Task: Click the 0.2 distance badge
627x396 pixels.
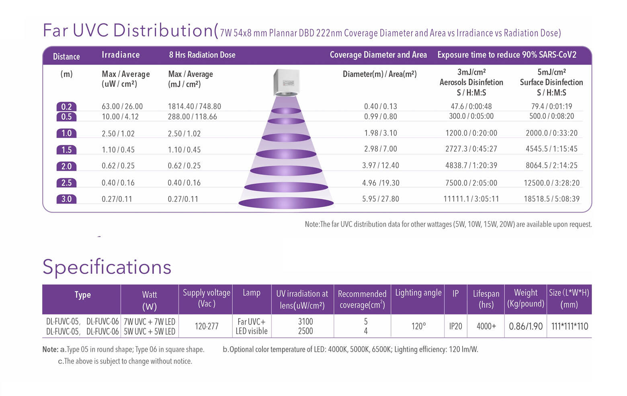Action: point(66,107)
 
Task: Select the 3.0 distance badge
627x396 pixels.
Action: point(66,199)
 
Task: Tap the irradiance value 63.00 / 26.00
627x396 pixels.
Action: point(122,106)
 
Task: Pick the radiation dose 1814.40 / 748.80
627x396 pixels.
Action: point(195,106)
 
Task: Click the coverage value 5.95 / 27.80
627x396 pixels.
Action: point(381,199)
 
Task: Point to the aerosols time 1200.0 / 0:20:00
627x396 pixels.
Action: point(471,133)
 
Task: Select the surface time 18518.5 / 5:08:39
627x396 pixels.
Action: point(551,199)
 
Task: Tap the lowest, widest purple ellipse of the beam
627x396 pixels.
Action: point(286,203)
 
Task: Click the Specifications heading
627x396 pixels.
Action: point(107,267)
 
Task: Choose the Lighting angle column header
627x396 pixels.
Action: point(418,293)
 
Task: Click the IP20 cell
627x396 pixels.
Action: point(455,326)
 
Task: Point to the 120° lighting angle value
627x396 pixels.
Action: point(418,326)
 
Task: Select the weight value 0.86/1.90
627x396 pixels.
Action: point(526,326)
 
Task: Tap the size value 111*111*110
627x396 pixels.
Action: point(570,326)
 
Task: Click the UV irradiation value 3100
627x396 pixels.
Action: point(305,321)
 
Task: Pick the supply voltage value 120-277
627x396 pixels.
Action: point(207,326)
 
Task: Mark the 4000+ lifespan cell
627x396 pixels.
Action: point(486,326)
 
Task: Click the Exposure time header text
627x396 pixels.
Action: point(507,55)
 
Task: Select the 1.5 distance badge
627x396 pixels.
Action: point(66,150)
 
